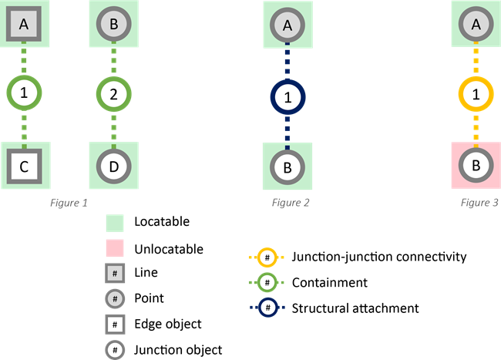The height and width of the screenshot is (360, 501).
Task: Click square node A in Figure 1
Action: (24, 25)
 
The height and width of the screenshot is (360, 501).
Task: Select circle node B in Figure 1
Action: (113, 25)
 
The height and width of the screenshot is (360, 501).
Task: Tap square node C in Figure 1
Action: (24, 165)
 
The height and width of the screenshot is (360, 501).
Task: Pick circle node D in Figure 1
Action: (113, 165)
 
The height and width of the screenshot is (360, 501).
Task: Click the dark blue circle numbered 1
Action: (287, 98)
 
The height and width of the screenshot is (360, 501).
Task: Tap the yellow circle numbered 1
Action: (476, 95)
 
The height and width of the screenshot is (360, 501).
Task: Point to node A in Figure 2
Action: (287, 25)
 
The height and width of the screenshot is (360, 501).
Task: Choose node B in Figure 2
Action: (287, 166)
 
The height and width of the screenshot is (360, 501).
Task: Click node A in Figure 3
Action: (476, 25)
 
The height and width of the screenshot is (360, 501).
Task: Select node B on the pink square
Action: (476, 165)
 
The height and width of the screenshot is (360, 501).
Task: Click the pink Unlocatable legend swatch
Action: (115, 249)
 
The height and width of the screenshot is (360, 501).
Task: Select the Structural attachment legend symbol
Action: (267, 308)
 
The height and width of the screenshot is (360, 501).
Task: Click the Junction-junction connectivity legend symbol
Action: (267, 257)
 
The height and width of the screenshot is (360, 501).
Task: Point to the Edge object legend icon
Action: (115, 325)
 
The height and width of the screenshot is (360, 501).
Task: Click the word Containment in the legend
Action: (329, 283)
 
